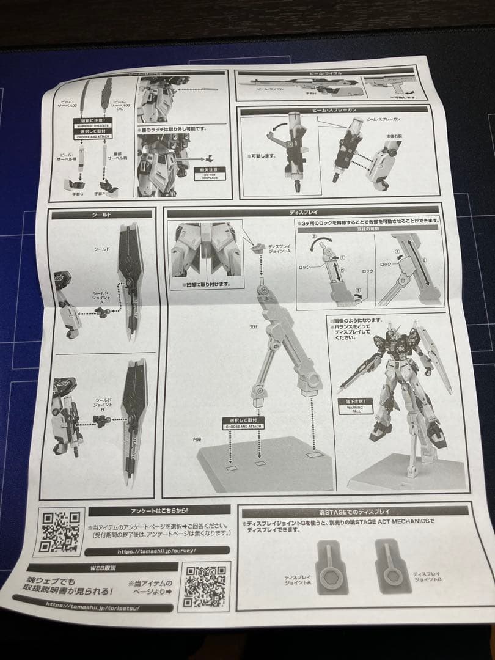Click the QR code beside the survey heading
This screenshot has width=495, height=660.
(x=61, y=530)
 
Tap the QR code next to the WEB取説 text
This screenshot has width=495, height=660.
(x=207, y=587)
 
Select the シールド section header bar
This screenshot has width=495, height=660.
(x=102, y=215)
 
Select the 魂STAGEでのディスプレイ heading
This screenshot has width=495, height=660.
(x=354, y=511)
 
